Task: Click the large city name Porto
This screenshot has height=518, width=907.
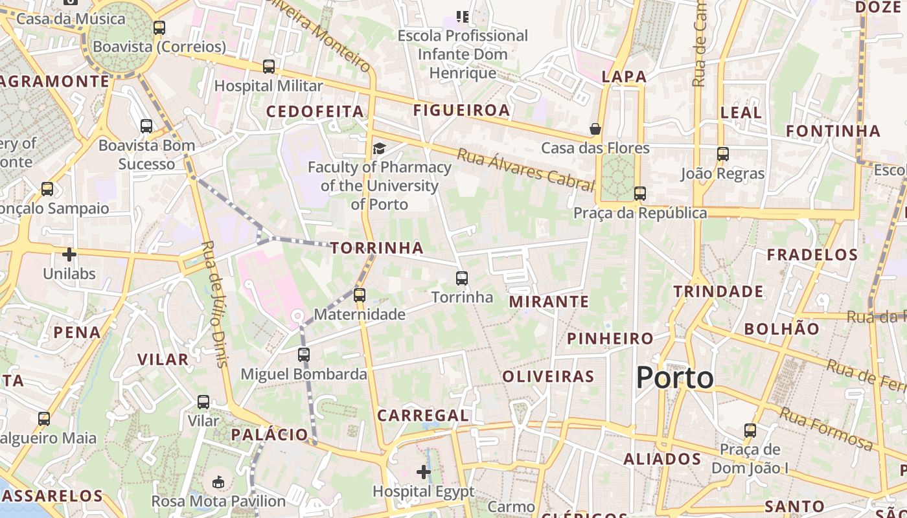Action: click(x=674, y=378)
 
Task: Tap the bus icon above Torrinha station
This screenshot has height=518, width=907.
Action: click(x=462, y=278)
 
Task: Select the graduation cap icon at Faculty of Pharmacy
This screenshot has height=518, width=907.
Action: click(x=379, y=149)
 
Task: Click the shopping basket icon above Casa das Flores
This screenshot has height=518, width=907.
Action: click(x=595, y=129)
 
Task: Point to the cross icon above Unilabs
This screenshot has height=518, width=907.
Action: click(x=69, y=254)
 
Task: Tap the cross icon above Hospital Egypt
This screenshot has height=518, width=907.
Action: click(x=424, y=472)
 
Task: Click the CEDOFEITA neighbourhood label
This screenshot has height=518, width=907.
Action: click(x=315, y=111)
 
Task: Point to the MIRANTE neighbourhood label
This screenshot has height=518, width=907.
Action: click(x=549, y=302)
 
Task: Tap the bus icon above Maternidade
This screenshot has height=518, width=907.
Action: click(x=360, y=295)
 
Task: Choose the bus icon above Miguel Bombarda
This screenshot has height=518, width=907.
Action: click(x=304, y=355)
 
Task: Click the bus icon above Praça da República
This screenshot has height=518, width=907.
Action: click(x=640, y=194)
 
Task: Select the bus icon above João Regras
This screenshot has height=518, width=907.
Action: click(x=723, y=154)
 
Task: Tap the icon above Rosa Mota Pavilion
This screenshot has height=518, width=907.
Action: click(x=218, y=482)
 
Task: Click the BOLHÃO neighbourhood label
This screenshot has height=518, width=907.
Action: click(x=781, y=329)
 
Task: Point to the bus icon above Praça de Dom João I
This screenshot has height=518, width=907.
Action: click(x=750, y=430)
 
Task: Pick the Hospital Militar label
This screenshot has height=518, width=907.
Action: click(x=268, y=85)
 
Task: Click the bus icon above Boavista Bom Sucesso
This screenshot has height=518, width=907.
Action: click(x=146, y=126)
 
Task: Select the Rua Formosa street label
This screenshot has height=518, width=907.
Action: click(x=825, y=429)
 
